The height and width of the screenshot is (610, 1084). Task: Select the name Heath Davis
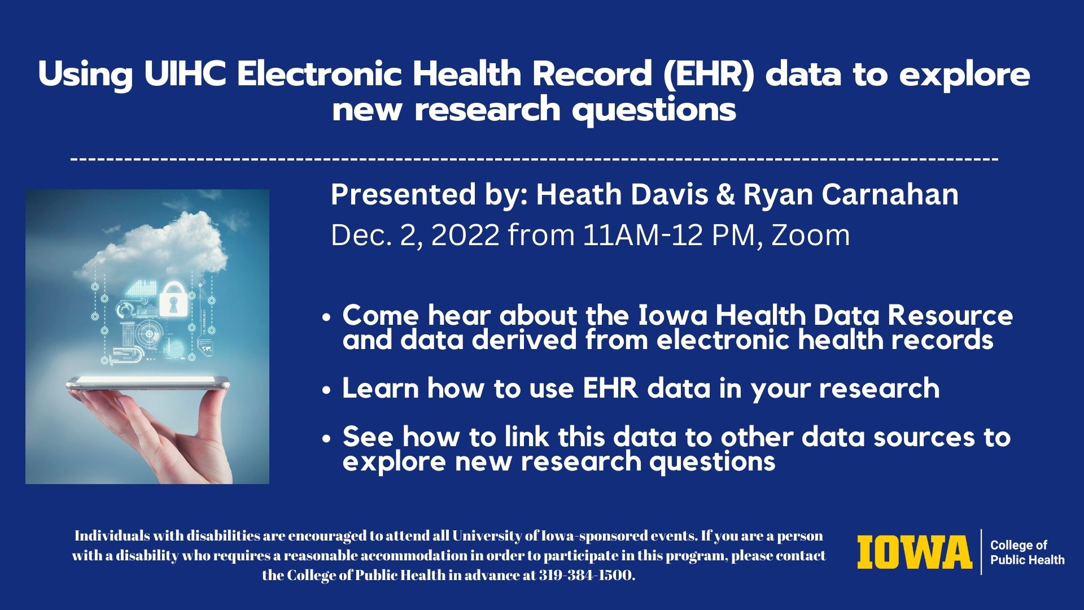(x=622, y=194)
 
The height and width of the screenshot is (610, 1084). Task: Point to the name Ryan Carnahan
(x=851, y=194)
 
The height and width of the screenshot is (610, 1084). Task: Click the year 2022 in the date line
(x=465, y=235)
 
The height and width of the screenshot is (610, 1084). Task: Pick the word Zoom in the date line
(x=810, y=235)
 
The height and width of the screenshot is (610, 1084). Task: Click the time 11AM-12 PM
(x=668, y=235)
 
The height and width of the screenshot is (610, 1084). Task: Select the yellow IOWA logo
(x=915, y=552)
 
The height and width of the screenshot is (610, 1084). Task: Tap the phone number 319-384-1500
(x=585, y=576)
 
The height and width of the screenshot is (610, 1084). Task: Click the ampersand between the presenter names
(x=725, y=195)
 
